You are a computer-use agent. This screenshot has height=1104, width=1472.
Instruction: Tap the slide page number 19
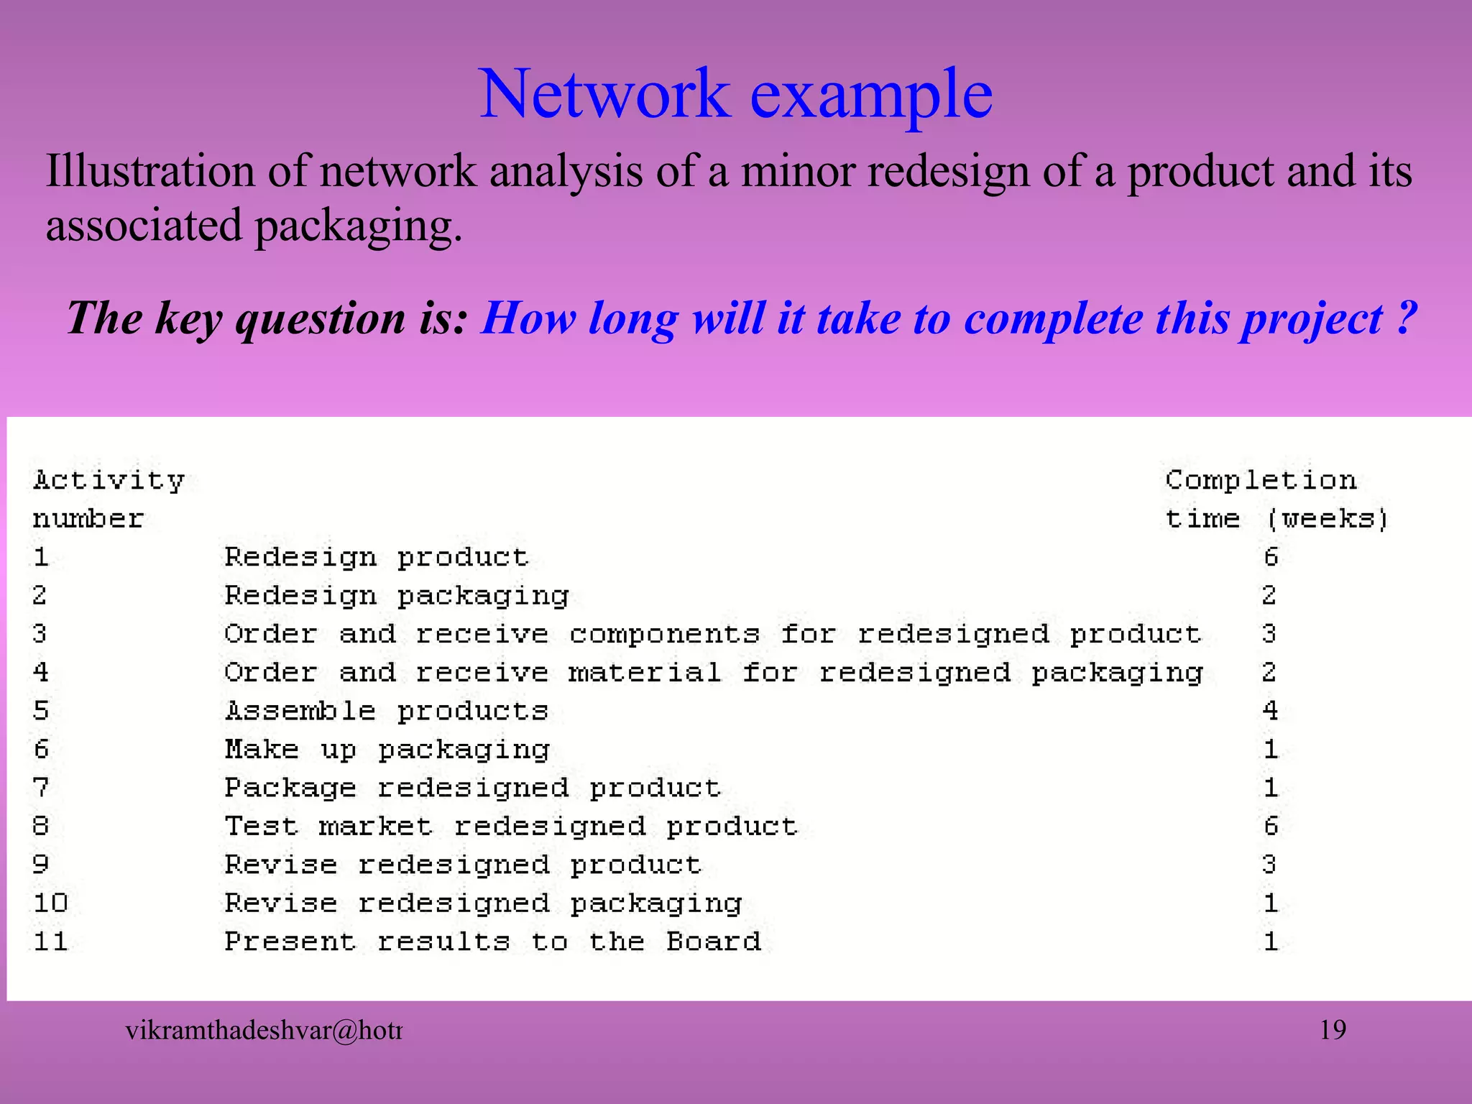pos(1333,1030)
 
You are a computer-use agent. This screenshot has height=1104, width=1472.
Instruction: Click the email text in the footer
pos(263,1031)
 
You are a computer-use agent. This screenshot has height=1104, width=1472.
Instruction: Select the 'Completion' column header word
pos(1261,479)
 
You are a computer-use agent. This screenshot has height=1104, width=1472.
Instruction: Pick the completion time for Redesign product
pos(1271,557)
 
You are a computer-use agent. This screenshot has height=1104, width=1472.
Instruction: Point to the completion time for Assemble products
pos(1271,711)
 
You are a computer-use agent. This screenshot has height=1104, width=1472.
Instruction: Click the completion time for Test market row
pos(1271,826)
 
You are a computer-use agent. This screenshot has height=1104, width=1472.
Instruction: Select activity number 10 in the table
pos(50,903)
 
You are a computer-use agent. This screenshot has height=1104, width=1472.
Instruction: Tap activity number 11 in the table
pos(50,942)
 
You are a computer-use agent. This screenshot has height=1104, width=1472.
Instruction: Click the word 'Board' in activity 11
pos(713,942)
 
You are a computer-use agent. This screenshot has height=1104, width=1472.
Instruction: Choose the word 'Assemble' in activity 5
pos(300,711)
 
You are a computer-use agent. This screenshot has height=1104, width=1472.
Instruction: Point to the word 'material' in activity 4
pos(645,673)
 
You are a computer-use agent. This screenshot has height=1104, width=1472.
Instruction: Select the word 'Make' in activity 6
pos(262,750)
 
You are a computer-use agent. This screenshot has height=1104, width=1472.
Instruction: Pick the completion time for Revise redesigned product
pos(1271,865)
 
